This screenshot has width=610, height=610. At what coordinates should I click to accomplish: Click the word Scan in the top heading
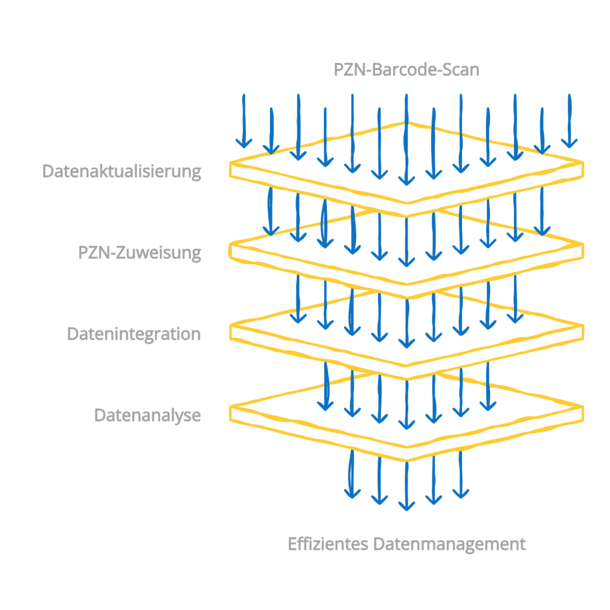tap(460, 70)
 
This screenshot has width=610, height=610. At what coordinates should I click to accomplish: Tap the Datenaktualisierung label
tap(121, 171)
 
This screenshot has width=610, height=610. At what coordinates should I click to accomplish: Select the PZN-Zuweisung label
tap(139, 253)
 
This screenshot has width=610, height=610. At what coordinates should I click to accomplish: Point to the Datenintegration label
tap(133, 334)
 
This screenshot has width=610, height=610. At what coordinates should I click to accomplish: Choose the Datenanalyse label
tap(147, 415)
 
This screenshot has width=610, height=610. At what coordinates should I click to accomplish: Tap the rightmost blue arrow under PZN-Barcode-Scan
tap(570, 121)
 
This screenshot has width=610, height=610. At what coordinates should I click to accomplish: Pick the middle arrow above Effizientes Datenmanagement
tap(406, 486)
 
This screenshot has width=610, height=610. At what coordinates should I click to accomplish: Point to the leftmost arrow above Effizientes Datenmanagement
tap(352, 474)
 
